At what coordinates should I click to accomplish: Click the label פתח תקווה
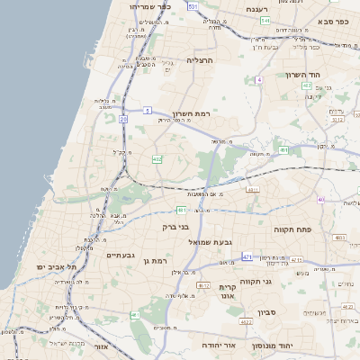point(292,229)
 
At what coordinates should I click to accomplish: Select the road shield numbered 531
point(193,5)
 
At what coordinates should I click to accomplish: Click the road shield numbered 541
point(265,19)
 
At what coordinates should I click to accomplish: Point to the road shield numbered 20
point(122,117)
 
